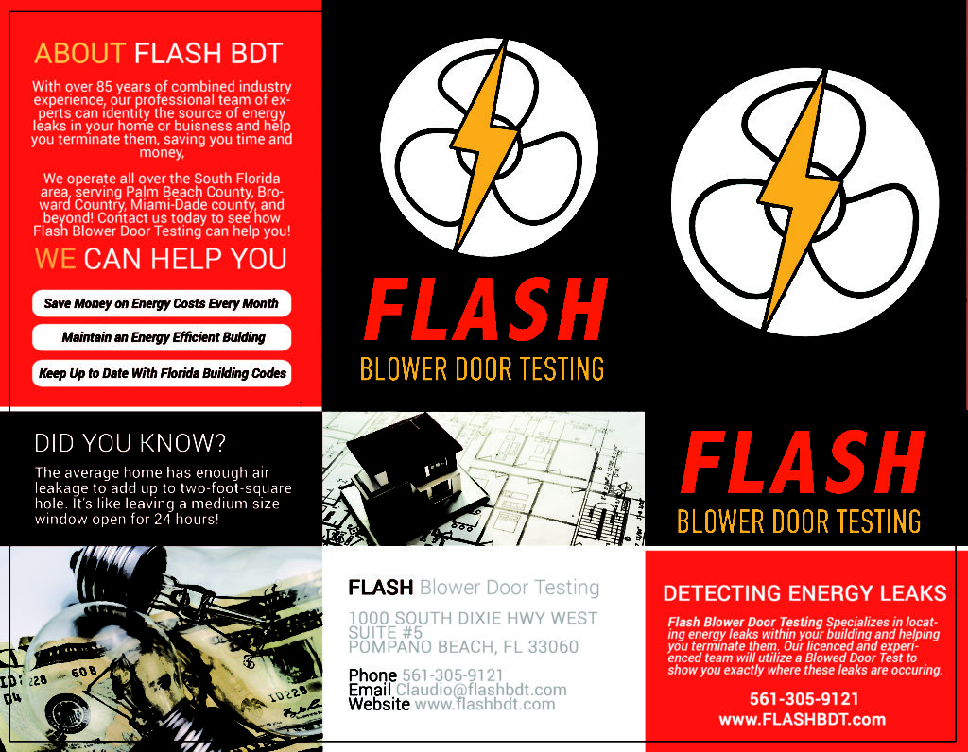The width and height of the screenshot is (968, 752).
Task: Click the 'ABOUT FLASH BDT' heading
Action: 159,53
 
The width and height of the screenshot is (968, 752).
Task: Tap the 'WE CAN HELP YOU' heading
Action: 161,259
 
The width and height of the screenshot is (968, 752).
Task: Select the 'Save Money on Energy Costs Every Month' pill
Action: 162,303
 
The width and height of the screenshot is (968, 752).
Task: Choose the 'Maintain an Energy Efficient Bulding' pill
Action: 162,337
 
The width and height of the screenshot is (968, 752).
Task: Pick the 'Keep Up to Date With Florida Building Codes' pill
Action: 162,373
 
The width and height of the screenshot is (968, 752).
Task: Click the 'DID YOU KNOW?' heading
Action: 130,443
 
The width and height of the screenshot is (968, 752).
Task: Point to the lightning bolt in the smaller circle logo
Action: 485,145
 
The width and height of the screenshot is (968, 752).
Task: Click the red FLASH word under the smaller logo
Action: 486,309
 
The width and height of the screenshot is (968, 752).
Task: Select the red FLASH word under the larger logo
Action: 803,462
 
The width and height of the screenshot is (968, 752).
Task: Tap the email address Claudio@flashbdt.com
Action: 481,690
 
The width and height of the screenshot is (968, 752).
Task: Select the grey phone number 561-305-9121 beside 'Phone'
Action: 453,675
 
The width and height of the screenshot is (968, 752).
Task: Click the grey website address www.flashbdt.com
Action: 485,705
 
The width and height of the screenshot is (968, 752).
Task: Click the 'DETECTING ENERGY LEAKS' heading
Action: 804,593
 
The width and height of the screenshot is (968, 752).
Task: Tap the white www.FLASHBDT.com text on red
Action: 803,719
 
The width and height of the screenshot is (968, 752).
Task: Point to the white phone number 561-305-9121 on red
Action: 804,699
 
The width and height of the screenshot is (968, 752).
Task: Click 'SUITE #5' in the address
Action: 386,632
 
